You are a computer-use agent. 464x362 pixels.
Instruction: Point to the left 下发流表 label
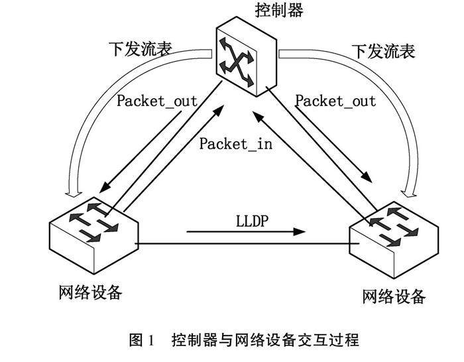(x=139, y=50)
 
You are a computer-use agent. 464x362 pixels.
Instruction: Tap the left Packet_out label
(x=157, y=101)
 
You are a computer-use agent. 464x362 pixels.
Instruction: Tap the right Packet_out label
(x=335, y=101)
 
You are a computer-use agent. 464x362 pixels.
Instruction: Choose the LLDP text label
(x=250, y=218)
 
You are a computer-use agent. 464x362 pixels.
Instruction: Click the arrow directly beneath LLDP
(x=245, y=232)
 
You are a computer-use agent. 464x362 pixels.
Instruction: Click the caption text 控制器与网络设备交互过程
(x=265, y=341)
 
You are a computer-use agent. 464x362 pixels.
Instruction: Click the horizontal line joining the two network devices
(x=245, y=244)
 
